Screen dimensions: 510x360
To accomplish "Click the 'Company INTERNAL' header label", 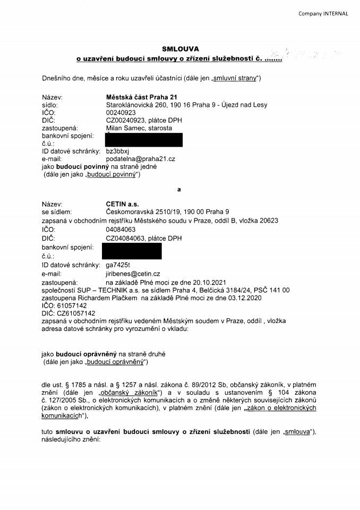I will pyautogui.click(x=323, y=13).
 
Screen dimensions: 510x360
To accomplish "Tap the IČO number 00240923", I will pyautogui.click(x=121, y=113).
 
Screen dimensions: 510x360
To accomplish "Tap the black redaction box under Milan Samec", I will pyautogui.click(x=144, y=140).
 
